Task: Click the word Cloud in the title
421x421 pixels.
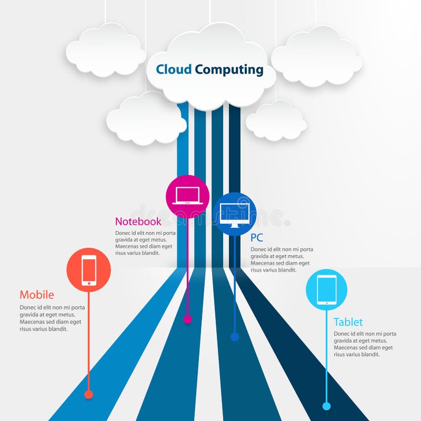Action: (174, 69)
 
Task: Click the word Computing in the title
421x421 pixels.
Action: (229, 69)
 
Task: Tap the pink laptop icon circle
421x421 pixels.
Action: (187, 196)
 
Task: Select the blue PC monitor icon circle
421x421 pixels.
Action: (235, 214)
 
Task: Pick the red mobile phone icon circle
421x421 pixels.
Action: (88, 270)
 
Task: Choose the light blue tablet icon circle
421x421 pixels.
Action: (326, 289)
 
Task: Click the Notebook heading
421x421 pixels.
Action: (138, 222)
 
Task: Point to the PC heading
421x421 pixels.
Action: (257, 237)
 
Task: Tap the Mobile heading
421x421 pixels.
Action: (37, 295)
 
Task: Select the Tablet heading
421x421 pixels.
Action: (348, 322)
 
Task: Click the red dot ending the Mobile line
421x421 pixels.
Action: (88, 394)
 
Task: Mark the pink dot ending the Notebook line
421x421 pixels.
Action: (187, 319)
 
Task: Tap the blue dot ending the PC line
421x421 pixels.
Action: (235, 336)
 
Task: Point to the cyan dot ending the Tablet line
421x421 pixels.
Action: (326, 406)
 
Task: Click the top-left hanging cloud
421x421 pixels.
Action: (106, 51)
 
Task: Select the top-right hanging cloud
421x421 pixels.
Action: (316, 57)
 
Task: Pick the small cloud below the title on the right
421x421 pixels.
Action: (276, 122)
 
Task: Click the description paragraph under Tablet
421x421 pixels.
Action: (365, 344)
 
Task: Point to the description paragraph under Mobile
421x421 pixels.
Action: (52, 318)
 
